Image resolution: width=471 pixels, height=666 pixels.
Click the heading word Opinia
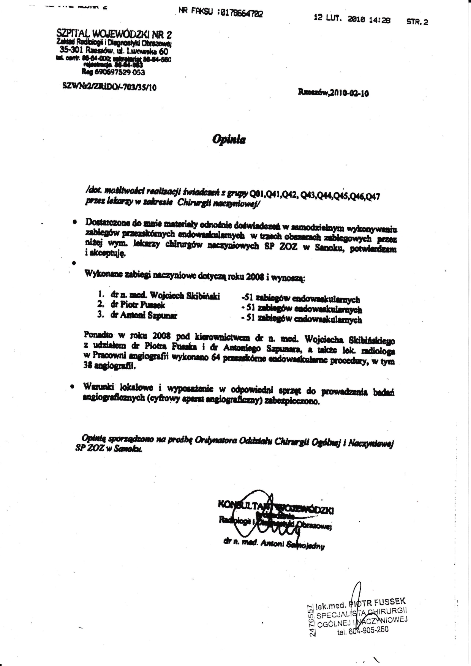click(x=229, y=140)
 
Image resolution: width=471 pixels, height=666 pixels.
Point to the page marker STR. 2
click(x=417, y=22)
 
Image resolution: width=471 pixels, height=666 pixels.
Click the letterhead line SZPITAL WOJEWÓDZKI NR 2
click(x=114, y=35)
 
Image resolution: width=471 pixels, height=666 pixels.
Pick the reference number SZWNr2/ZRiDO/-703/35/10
click(x=109, y=87)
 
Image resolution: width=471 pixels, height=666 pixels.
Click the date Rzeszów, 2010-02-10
click(x=333, y=93)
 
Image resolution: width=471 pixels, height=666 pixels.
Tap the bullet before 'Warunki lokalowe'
click(x=72, y=386)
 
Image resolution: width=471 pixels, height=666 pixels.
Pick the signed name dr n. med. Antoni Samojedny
click(x=273, y=544)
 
